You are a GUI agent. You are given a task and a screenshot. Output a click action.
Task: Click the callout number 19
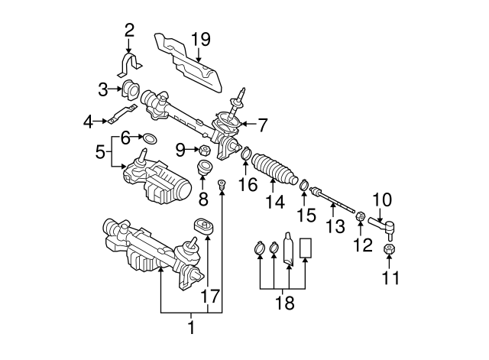pyautogui.click(x=200, y=39)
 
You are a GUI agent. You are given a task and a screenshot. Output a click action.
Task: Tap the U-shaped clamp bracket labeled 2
pyautogui.click(x=128, y=61)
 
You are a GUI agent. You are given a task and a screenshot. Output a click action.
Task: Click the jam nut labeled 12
pyautogui.click(x=361, y=223)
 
